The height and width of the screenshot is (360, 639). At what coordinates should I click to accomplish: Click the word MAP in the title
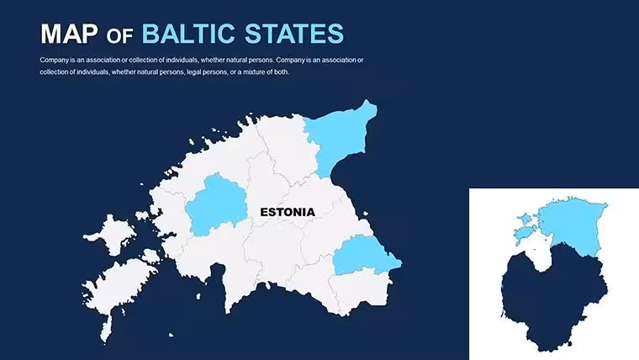point(69,34)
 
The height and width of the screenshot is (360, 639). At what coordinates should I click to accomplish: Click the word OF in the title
point(119,36)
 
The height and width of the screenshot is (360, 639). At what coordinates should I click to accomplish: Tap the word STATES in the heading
point(294,34)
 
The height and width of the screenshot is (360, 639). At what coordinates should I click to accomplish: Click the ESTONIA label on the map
point(288,212)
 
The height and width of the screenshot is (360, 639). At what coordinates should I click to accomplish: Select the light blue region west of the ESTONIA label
point(216,205)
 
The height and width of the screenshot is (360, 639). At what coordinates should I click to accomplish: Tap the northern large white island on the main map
point(111,235)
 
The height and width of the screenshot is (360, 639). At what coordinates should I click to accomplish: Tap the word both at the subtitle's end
point(282,71)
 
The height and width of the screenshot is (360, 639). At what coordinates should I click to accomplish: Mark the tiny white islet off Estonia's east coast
point(366,214)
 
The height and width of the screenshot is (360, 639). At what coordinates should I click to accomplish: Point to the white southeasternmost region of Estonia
point(361,292)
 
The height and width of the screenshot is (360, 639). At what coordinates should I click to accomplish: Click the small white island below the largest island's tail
point(172,335)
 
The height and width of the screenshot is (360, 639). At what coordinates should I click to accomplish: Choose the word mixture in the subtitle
point(253,71)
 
